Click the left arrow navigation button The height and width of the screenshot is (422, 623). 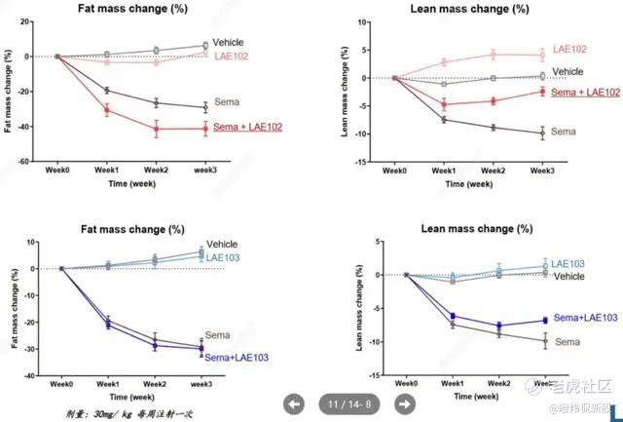(295, 403)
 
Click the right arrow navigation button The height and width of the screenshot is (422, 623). (405, 403)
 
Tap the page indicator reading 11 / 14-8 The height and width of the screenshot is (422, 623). (349, 403)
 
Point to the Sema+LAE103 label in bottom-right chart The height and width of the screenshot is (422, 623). (585, 318)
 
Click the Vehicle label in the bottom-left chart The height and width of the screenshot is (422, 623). (222, 244)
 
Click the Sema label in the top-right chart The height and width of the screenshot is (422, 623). (564, 131)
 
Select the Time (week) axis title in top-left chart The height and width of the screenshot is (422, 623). (130, 181)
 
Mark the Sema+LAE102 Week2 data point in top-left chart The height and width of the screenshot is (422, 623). (156, 128)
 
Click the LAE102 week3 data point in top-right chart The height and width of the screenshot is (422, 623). (543, 55)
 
